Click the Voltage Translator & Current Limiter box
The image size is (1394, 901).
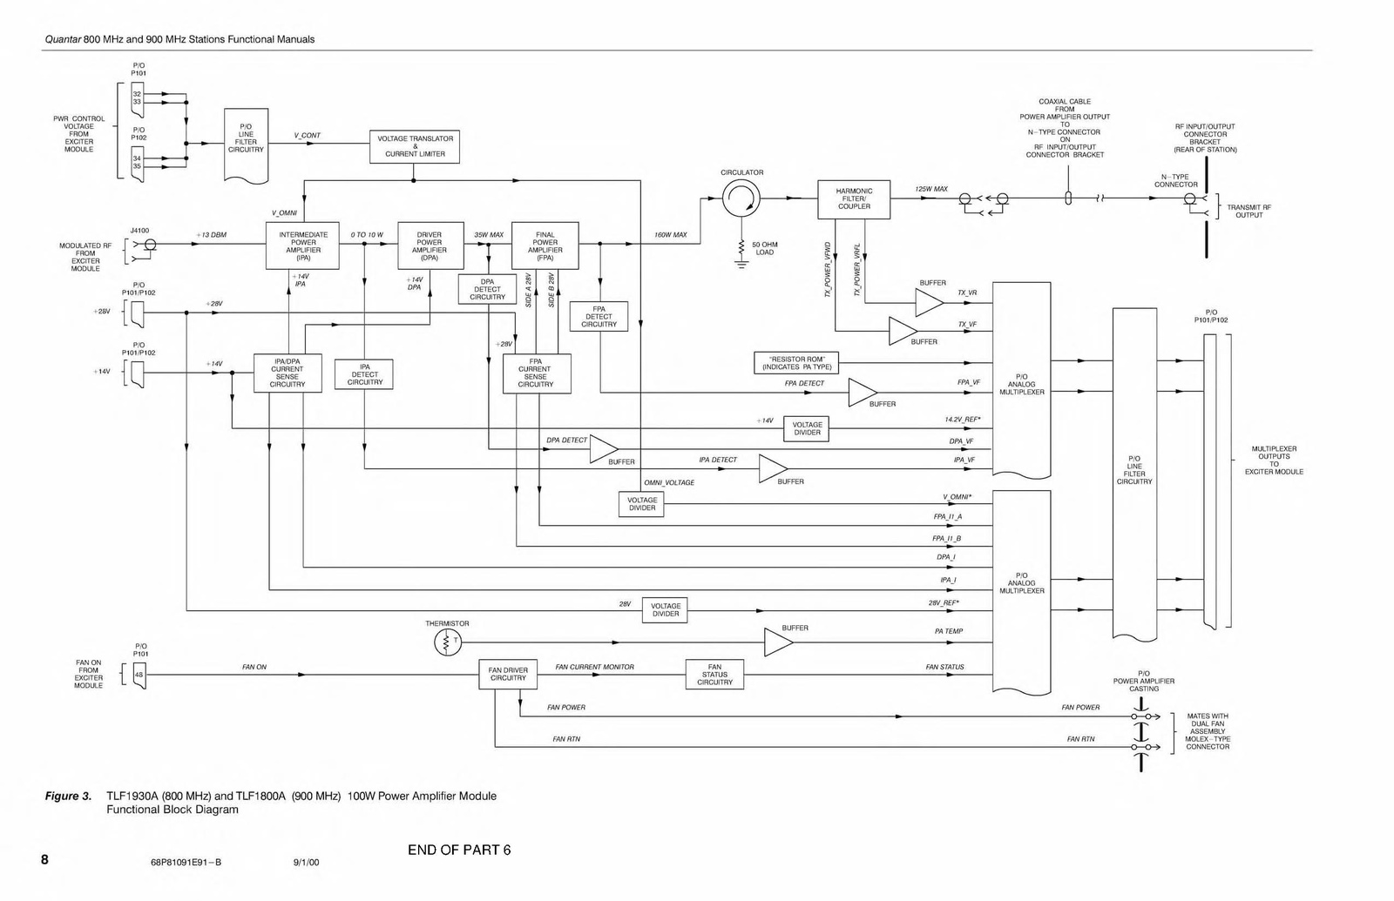[415, 146]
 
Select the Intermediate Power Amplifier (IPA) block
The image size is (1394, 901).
[303, 246]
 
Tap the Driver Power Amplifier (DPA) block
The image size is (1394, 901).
[430, 246]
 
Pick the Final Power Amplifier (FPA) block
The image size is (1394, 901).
[545, 246]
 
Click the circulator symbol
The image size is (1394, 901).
[741, 200]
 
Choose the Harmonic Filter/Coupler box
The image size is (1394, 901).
[854, 198]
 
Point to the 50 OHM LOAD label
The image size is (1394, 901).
[764, 249]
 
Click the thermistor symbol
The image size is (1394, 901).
[447, 642]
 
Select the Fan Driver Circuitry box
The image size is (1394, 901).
[508, 674]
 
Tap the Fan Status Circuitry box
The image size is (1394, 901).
[714, 675]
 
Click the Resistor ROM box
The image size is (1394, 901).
[795, 363]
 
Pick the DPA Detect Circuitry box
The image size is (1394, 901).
[487, 289]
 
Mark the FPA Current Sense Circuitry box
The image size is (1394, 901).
[536, 373]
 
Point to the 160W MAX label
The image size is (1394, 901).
[671, 235]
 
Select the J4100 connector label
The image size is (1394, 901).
[139, 231]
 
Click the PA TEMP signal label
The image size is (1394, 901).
[949, 631]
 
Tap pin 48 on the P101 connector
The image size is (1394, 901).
[139, 676]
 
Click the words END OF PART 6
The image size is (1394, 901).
[459, 851]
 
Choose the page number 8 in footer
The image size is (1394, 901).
[44, 860]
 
